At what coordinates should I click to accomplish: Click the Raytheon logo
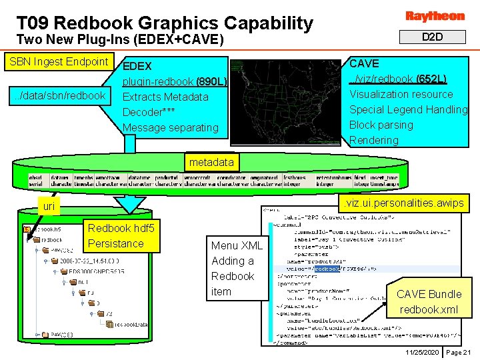pos(434,15)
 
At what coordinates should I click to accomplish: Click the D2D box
pos(433,37)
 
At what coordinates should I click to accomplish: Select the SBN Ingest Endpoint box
pos(59,62)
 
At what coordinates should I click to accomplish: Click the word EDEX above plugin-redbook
pos(137,66)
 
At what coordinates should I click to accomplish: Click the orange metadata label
pos(211,162)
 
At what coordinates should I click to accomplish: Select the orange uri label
pos(49,207)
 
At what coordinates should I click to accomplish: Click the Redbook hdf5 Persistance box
pos(121,235)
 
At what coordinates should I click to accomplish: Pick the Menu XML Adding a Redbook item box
pos(237,268)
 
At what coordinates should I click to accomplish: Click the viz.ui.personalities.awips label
pos(405,203)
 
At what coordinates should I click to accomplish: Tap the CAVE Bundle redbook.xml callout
pos(429,301)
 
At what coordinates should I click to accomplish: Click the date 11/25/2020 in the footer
pos(421,352)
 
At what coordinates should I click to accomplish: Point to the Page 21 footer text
pos(458,352)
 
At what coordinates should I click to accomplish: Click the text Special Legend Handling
pos(408,109)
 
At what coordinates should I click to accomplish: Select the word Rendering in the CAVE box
pos(374,140)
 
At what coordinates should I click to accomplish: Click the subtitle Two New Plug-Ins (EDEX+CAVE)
pos(120,39)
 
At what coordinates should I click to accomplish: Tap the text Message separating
pos(171,127)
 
